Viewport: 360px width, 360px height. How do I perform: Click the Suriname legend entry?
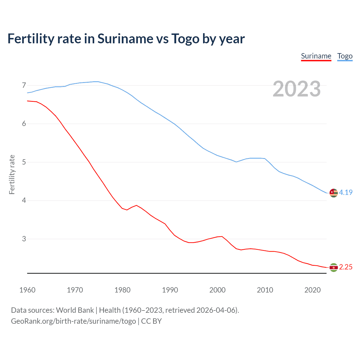[316, 56]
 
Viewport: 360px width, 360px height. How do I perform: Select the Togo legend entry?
[345, 56]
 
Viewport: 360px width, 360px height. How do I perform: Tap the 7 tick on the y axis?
[24, 85]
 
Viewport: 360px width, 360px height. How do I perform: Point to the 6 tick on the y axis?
[24, 124]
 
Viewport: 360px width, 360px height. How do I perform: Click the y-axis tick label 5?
[24, 162]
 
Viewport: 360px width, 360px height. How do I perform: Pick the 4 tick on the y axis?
[24, 201]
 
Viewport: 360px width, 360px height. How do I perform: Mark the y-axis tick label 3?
[24, 239]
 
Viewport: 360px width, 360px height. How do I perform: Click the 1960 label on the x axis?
[27, 290]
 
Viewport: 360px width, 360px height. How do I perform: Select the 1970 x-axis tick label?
[75, 290]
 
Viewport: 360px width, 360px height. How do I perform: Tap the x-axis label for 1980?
[122, 290]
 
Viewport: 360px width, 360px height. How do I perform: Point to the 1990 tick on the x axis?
[170, 290]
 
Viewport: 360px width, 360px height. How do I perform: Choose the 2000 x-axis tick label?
[217, 290]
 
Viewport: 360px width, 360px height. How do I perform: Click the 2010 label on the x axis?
[265, 290]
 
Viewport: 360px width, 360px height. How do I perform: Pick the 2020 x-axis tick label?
[312, 290]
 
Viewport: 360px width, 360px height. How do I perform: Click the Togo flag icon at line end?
[334, 193]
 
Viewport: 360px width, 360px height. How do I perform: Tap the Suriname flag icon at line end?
[334, 267]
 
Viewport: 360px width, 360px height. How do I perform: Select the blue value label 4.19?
[346, 192]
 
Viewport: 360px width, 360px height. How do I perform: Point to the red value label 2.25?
[346, 267]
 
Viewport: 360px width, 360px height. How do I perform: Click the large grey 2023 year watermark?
[297, 89]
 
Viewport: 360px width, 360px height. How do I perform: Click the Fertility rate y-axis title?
[12, 174]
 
